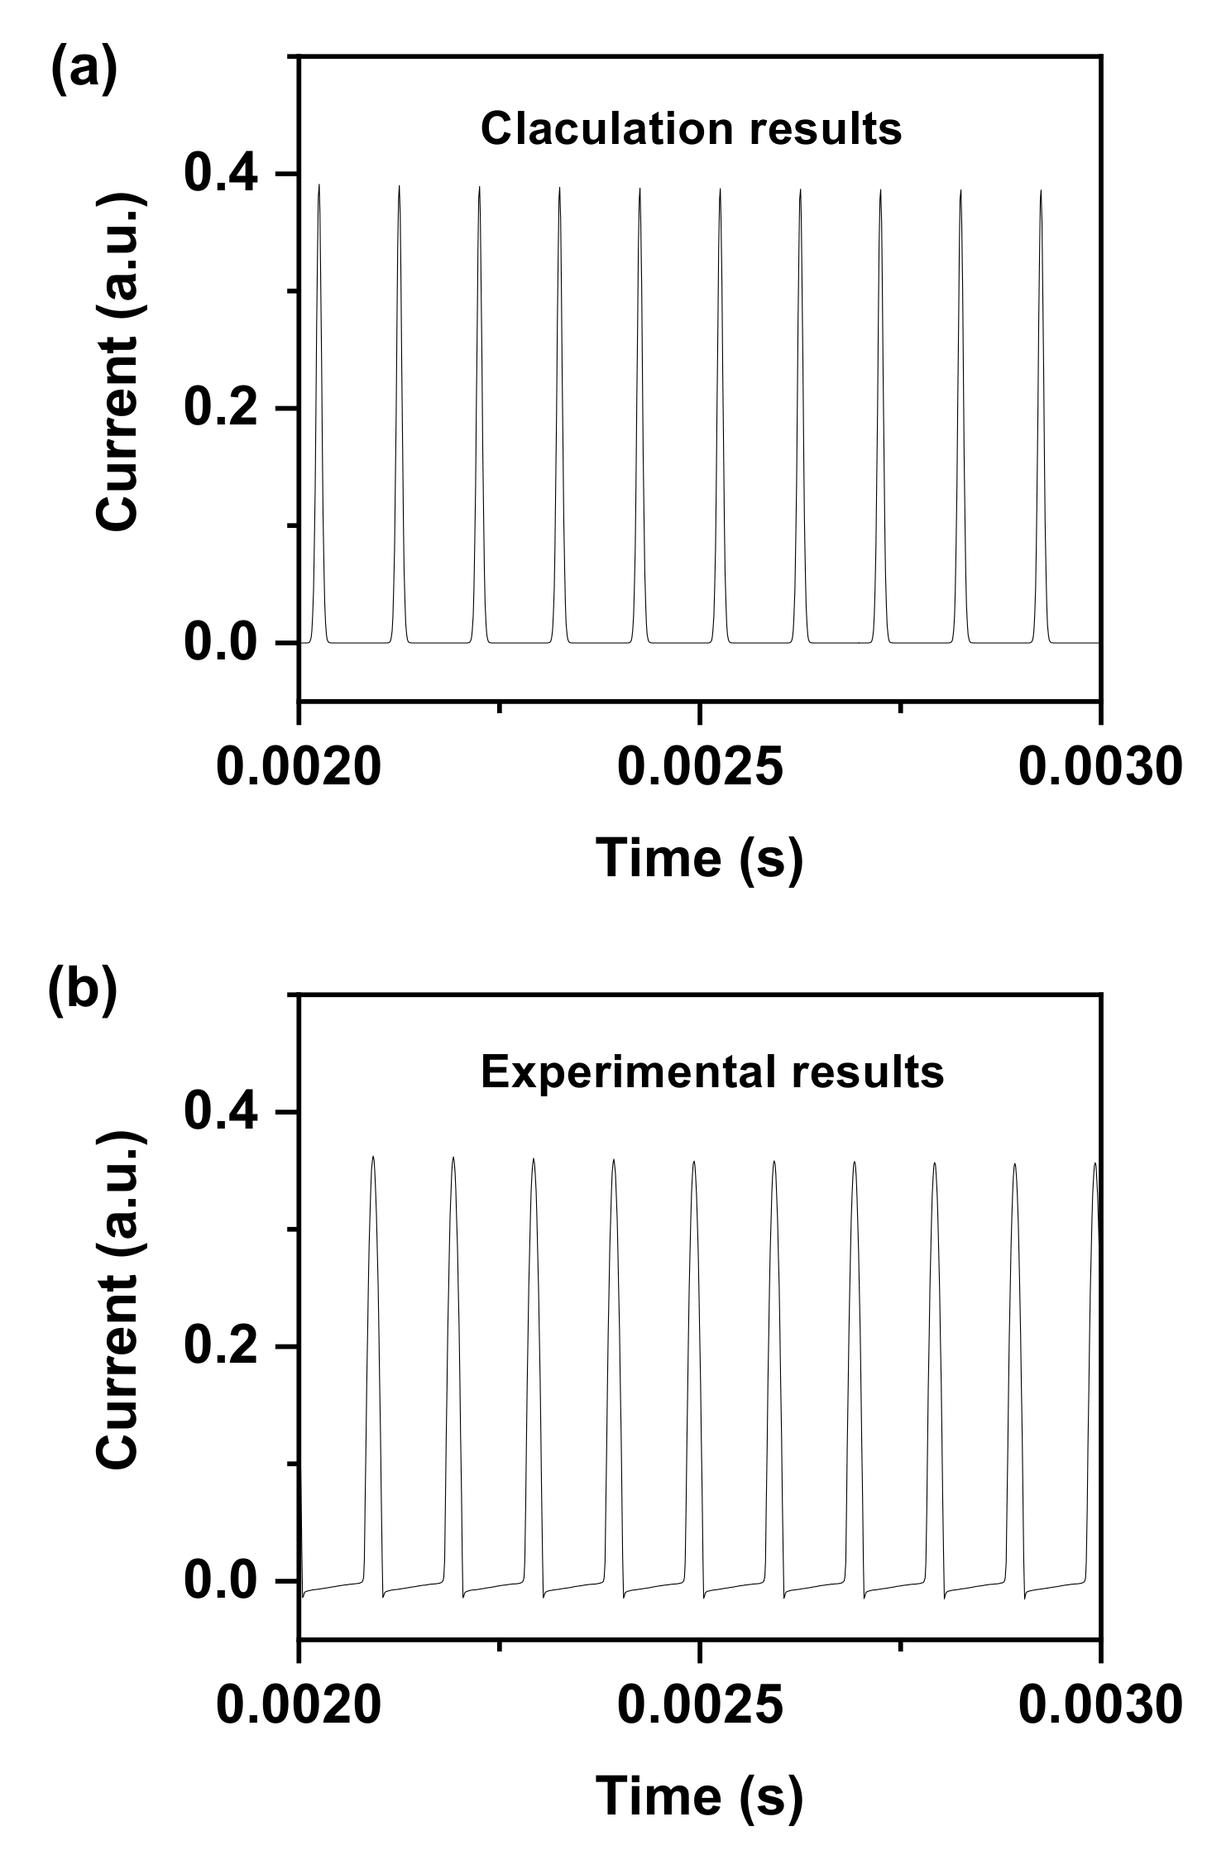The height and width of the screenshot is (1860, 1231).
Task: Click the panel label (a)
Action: pos(84,71)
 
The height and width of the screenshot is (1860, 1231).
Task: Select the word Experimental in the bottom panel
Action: pos(628,1072)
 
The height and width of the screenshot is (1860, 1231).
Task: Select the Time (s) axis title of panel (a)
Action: pos(700,857)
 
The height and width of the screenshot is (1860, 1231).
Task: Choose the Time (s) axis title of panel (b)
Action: pos(700,1795)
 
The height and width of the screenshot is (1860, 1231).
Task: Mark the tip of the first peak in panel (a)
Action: pos(319,185)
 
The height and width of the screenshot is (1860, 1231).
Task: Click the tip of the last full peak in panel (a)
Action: pos(1041,190)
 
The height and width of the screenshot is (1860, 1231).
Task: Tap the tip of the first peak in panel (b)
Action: pos(373,1157)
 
